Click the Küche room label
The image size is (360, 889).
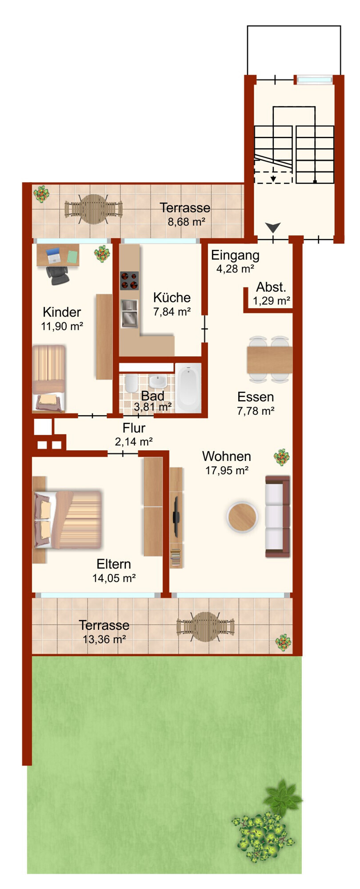point(172,297)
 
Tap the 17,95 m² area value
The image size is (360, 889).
point(227,470)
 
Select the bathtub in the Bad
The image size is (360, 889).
point(188,388)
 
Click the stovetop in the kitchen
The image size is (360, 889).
point(129,280)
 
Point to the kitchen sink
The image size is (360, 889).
point(129,313)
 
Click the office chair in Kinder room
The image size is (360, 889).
point(58,274)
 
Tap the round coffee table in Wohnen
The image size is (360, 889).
point(242,517)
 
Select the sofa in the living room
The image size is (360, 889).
point(278,516)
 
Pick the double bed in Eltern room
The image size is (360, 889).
point(68,520)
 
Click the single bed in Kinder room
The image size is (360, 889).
point(49,378)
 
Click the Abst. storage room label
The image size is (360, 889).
point(271,287)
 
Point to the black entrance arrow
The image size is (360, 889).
point(273,228)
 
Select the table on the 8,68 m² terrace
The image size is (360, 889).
point(93,209)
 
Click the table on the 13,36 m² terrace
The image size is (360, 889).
point(205,627)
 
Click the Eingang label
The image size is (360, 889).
point(235,256)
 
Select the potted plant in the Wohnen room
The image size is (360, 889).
point(282,457)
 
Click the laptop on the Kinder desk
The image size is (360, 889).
point(53,255)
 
